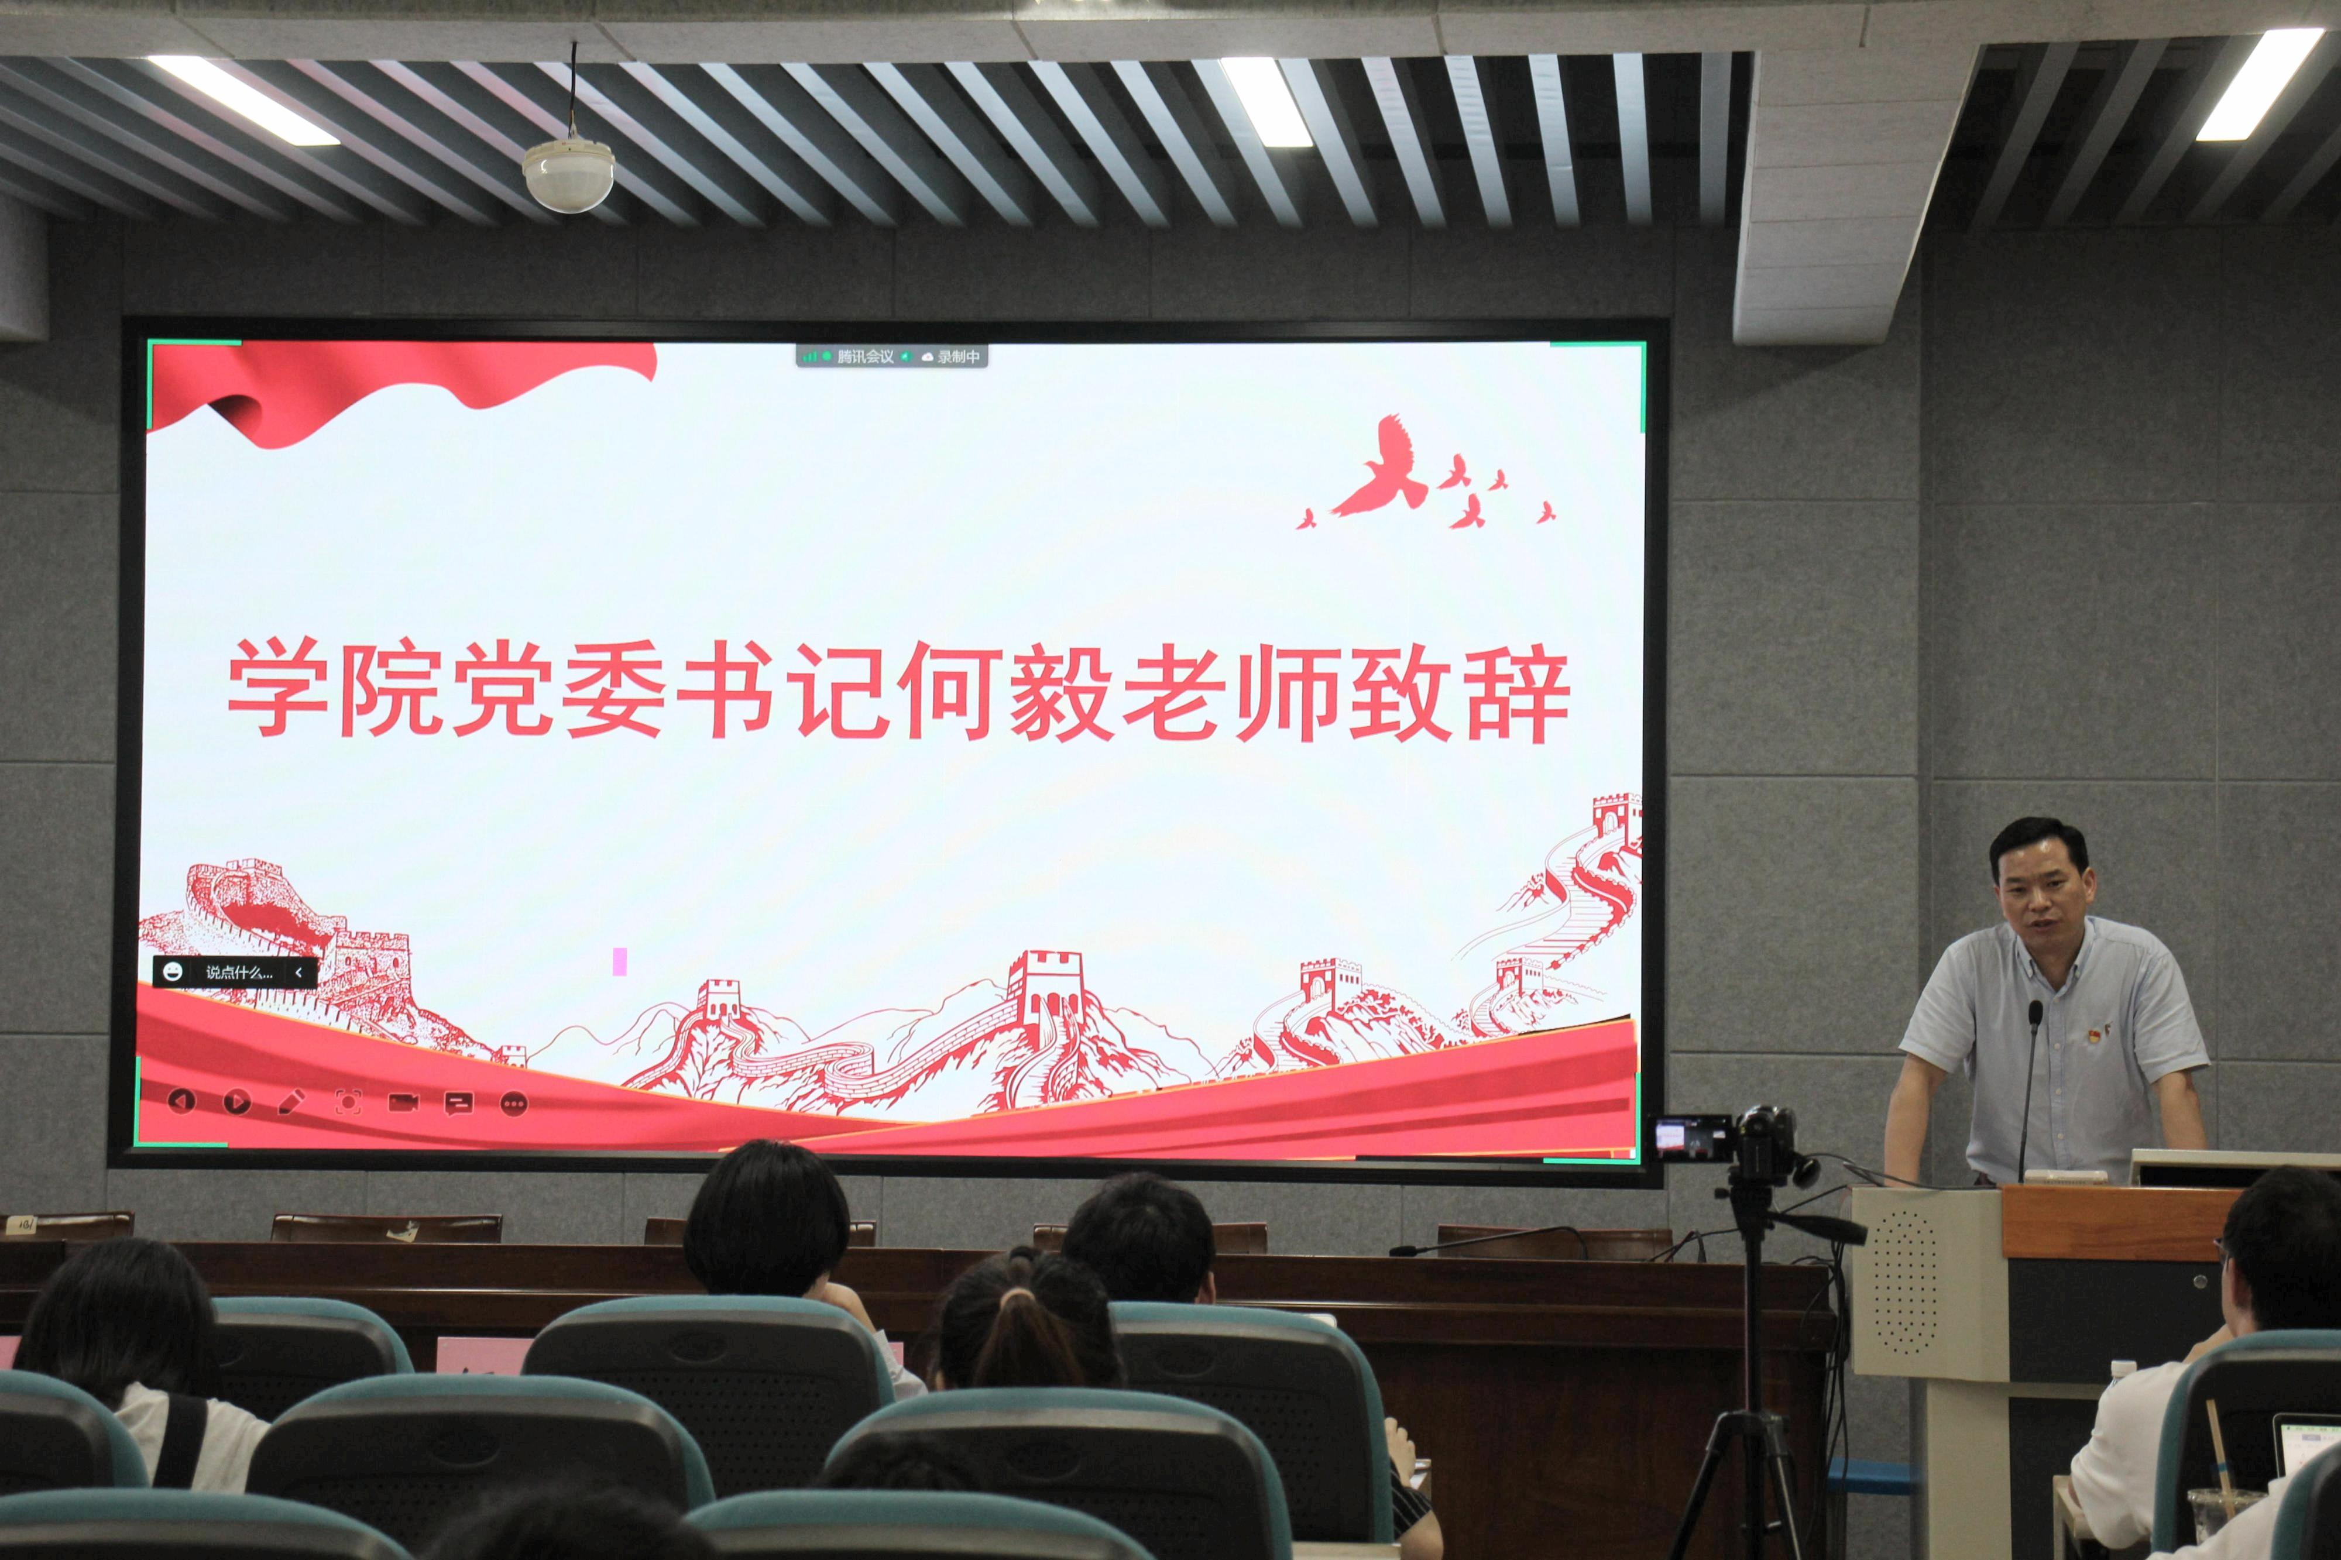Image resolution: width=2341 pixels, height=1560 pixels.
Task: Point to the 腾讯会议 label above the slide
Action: [x=864, y=356]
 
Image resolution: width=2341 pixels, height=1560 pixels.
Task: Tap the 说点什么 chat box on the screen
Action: [x=235, y=972]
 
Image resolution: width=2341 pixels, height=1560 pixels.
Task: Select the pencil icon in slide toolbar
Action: [x=291, y=1101]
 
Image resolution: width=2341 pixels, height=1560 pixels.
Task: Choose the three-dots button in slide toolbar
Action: [x=513, y=1104]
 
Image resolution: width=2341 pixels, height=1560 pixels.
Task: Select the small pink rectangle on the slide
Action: [x=620, y=961]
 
